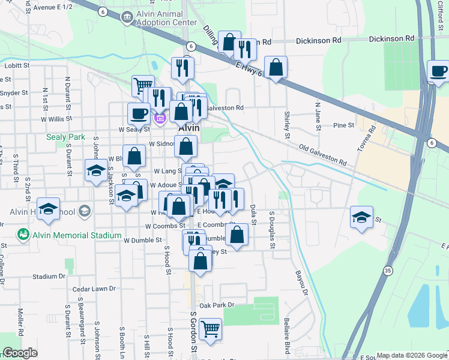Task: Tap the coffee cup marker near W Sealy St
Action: click(139, 113)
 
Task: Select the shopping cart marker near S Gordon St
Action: click(210, 329)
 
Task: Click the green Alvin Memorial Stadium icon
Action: click(23, 233)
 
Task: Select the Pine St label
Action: click(344, 125)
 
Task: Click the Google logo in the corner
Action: click(20, 352)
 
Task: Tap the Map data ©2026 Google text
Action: click(411, 355)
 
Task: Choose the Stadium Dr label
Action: click(49, 277)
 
